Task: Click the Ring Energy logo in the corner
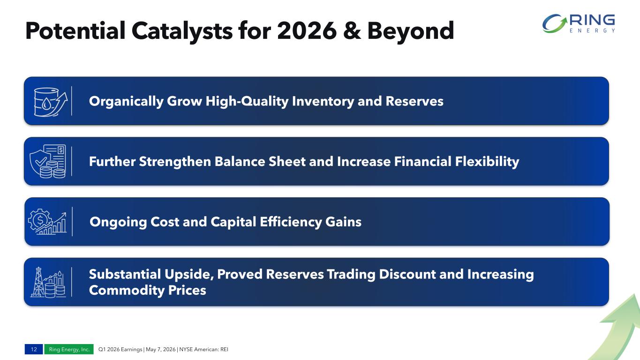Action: pos(579,23)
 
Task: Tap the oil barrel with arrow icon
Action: pos(51,102)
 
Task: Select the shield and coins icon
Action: pos(48,161)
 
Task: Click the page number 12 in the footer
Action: pos(34,349)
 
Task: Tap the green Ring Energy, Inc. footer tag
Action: pos(69,349)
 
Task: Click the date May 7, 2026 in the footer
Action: pos(160,349)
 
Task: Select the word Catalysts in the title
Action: pos(182,31)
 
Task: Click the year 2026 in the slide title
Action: pos(307,30)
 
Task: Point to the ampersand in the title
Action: pos(352,30)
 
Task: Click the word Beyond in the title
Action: pos(411,30)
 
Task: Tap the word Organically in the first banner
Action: pos(126,102)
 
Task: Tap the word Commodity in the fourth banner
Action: pos(127,291)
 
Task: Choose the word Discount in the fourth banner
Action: pos(407,274)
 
